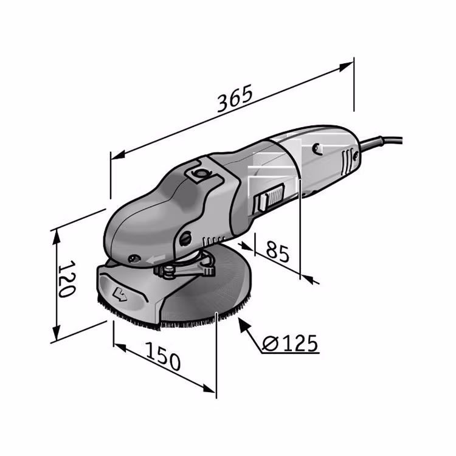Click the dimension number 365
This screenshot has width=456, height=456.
pyautogui.click(x=235, y=98)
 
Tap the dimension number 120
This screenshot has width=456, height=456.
pyautogui.click(x=67, y=278)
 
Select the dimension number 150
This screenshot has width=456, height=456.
pyautogui.click(x=163, y=357)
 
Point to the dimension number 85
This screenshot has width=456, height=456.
pyautogui.click(x=278, y=250)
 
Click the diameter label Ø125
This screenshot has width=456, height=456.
pyautogui.click(x=289, y=343)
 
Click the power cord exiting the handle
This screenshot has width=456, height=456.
pyautogui.click(x=381, y=142)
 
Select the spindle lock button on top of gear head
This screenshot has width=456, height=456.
pyautogui.click(x=201, y=173)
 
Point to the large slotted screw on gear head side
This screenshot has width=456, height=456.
pyautogui.click(x=185, y=238)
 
